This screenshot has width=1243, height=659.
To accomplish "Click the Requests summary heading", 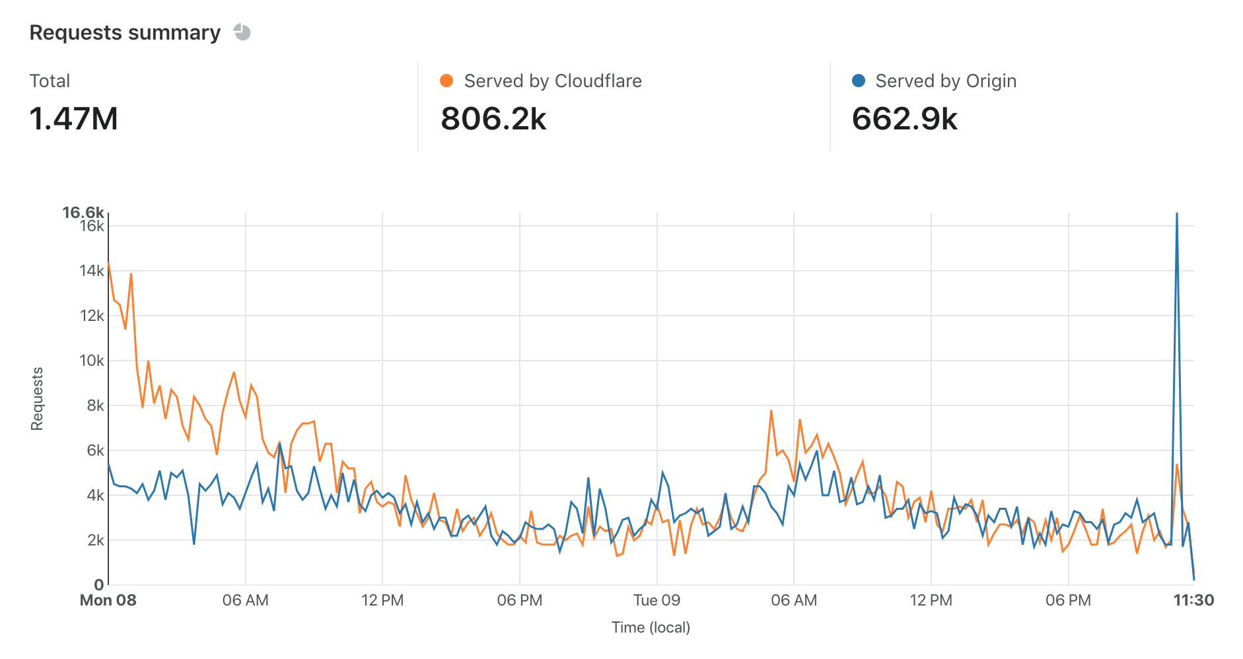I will coord(125,32).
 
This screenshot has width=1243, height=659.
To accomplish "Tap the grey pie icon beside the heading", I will coord(242,32).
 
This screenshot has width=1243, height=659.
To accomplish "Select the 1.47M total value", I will coord(74,119).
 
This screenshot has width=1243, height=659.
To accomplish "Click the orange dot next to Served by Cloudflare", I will coord(447,81).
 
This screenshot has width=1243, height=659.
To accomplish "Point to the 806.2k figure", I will coord(493,119).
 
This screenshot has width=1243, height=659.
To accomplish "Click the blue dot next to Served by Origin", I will coord(859,81).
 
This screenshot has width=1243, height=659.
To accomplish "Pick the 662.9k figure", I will coord(904,119).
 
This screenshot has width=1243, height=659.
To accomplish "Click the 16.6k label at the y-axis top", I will coord(83,212).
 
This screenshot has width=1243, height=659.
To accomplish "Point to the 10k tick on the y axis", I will coord(91,361).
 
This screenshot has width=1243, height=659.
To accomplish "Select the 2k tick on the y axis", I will coord(95,540).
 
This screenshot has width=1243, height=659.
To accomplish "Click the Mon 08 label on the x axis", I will coord(108,600).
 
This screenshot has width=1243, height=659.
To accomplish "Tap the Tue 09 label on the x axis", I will coord(657,600).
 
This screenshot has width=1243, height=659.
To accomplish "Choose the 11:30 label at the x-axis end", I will coord(1193,600).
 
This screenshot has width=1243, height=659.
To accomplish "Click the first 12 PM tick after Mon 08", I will coord(382,600).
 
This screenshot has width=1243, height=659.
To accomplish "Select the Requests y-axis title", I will coord(37,399).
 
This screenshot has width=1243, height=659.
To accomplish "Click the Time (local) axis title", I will coord(651,627).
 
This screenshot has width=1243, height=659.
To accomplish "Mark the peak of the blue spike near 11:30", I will coord(1177,214).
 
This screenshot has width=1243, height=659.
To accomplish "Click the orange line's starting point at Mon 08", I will coord(108,263).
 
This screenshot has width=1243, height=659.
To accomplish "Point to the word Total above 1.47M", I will coord(50,81).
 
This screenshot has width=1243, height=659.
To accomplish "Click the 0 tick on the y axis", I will coord(99,584).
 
